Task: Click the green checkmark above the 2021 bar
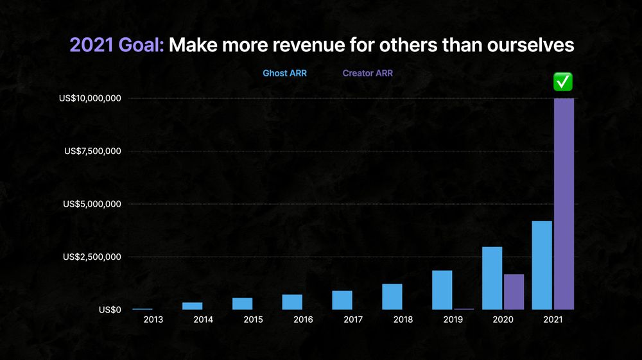[x=563, y=81]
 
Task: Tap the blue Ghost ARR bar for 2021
[x=542, y=265]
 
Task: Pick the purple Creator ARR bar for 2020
[x=514, y=292]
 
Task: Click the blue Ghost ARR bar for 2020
[x=492, y=278]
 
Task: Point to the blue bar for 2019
[x=442, y=290]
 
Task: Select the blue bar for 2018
[x=392, y=296]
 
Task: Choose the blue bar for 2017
[x=342, y=300]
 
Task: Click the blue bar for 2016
[x=292, y=302]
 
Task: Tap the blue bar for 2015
[x=242, y=304]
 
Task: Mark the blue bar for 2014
[x=192, y=306]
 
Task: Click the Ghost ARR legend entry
[x=284, y=73]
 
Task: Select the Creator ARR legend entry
[x=367, y=73]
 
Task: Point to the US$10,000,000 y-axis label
[x=89, y=98]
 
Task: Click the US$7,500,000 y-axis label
[x=92, y=151]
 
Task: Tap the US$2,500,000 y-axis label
[x=92, y=257]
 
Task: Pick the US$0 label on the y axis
[x=109, y=310]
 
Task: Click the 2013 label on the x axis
[x=153, y=319]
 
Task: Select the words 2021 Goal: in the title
[x=117, y=46]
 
